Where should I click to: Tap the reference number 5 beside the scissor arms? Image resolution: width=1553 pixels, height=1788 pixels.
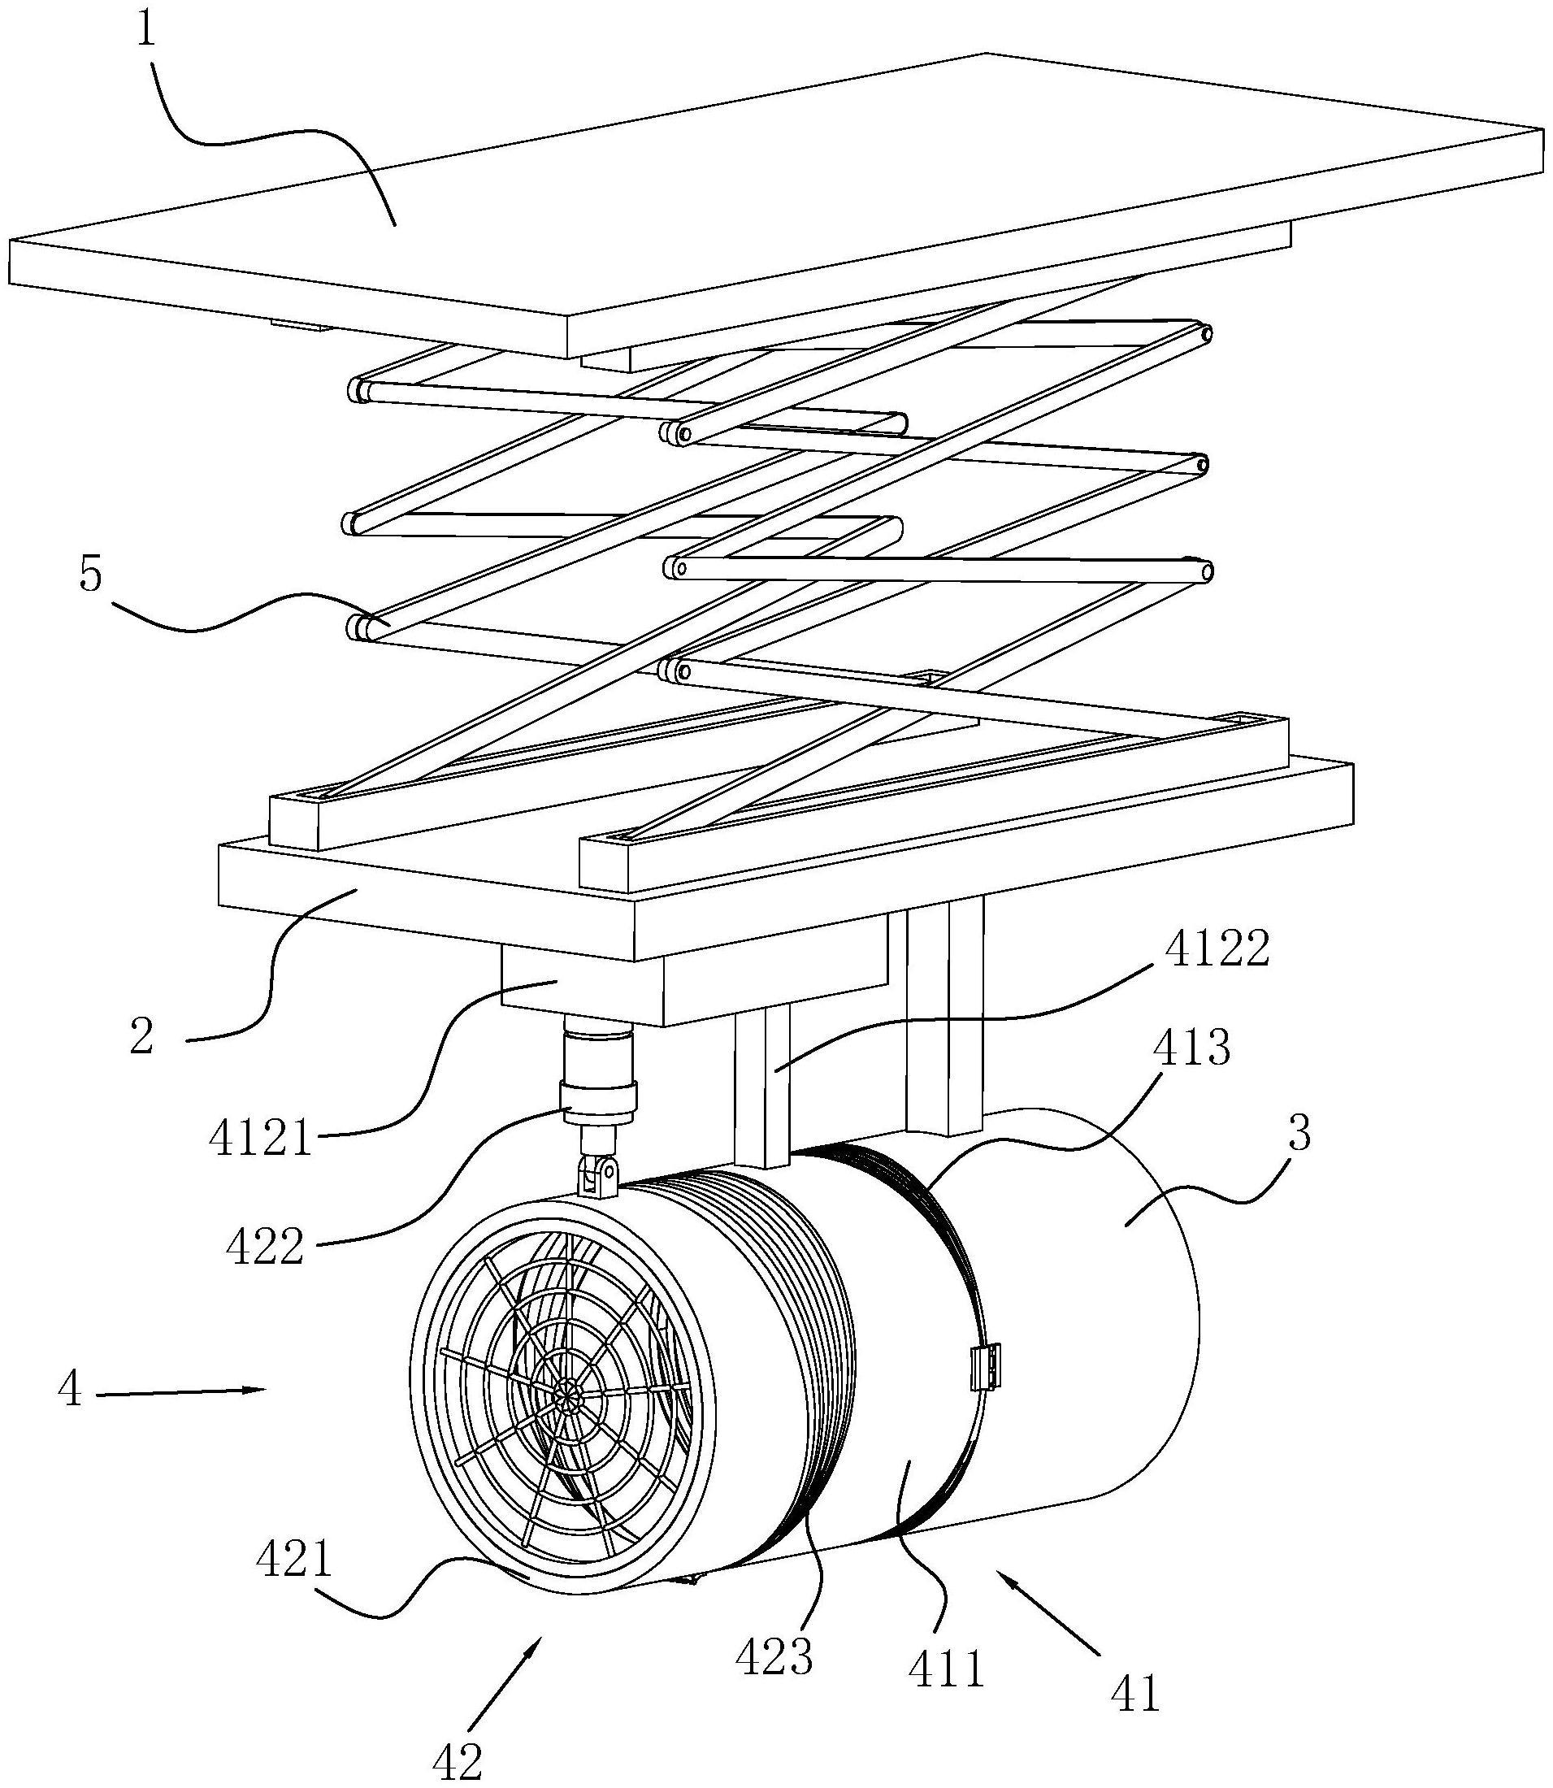[x=90, y=575]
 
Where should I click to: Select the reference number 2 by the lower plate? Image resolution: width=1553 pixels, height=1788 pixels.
[x=141, y=1036]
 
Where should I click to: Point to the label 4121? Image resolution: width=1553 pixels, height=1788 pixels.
[x=259, y=1138]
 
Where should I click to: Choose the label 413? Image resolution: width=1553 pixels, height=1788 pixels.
[x=1191, y=1049]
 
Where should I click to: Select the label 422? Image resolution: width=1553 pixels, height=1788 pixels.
[x=265, y=1248]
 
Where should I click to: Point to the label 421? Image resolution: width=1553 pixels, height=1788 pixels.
[x=294, y=1560]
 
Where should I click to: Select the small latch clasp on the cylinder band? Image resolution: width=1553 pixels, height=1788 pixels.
[x=987, y=1367]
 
